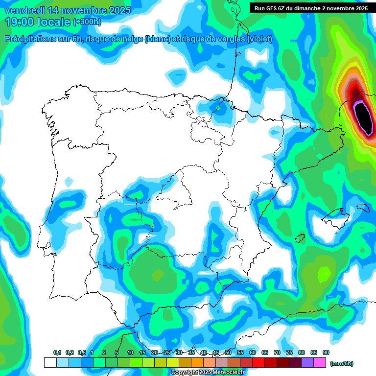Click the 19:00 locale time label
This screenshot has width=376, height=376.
click(38, 22)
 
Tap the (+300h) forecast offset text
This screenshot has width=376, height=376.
click(87, 22)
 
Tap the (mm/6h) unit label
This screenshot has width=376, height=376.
click(341, 363)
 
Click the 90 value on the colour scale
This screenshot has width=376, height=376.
click(326, 353)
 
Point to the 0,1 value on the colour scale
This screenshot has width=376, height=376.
click(57, 353)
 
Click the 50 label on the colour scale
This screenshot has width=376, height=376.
click(228, 353)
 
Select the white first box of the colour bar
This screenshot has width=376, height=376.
click(50, 363)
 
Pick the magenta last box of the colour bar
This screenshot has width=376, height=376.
click(320, 363)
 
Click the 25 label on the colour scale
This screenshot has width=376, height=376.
click(167, 353)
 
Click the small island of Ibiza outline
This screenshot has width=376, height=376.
click(300, 238)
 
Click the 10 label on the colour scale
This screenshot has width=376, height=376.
click(130, 353)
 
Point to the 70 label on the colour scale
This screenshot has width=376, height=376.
click(277, 353)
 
